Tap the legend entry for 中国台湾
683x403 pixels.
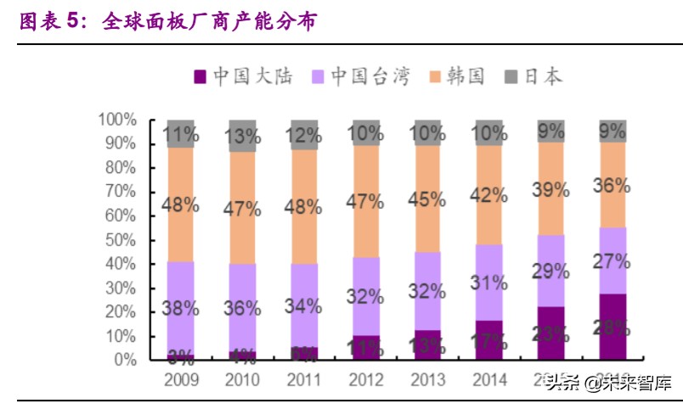pos(361,77)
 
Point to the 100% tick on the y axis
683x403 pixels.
pos(116,120)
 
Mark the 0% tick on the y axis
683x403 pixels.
pos(124,360)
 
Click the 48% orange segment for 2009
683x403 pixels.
pos(180,204)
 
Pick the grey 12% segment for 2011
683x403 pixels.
pos(304,135)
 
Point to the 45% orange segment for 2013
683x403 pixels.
pos(427,199)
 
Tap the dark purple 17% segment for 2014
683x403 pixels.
pos(489,340)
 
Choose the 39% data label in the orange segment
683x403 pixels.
pos(550,189)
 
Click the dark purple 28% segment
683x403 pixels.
pos(612,327)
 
